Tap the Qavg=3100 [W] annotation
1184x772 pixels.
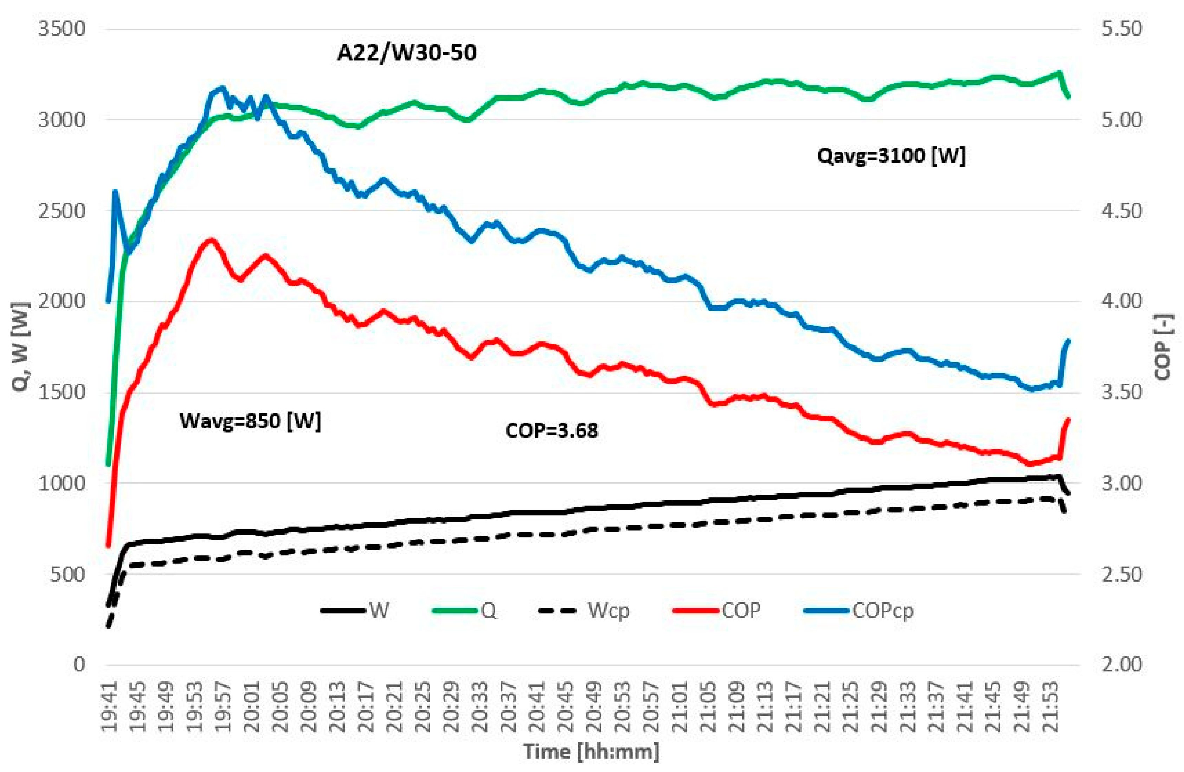(891, 156)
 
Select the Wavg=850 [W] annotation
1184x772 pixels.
(250, 421)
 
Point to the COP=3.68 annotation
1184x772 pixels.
(551, 430)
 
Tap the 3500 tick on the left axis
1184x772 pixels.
(62, 29)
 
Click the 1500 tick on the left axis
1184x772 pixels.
(62, 392)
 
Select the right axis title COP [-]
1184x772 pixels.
(1164, 346)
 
